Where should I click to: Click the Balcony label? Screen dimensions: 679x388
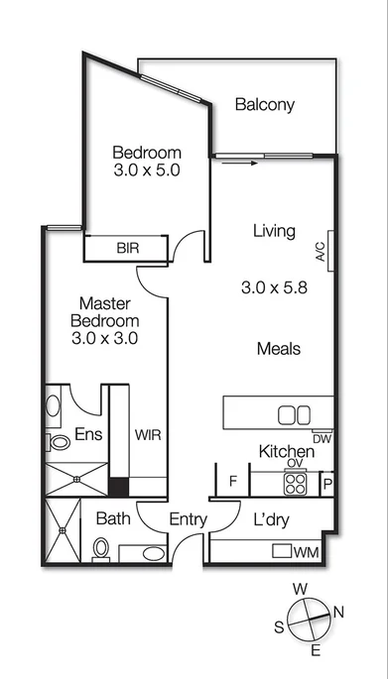[265, 105]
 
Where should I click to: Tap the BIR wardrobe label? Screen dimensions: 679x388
[128, 248]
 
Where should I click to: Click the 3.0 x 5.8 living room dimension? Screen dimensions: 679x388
[274, 288]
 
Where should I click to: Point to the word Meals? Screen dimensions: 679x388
[278, 349]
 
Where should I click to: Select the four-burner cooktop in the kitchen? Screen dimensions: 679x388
[296, 483]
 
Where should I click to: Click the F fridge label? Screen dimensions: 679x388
[233, 483]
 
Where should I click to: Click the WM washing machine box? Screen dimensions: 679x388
[307, 551]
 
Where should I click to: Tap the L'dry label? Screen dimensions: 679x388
[272, 518]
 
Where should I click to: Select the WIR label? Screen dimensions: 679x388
[148, 435]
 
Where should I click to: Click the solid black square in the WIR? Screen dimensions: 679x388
[119, 487]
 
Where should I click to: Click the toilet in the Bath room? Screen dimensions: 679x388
[101, 547]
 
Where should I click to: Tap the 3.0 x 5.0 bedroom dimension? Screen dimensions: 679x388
[146, 171]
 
